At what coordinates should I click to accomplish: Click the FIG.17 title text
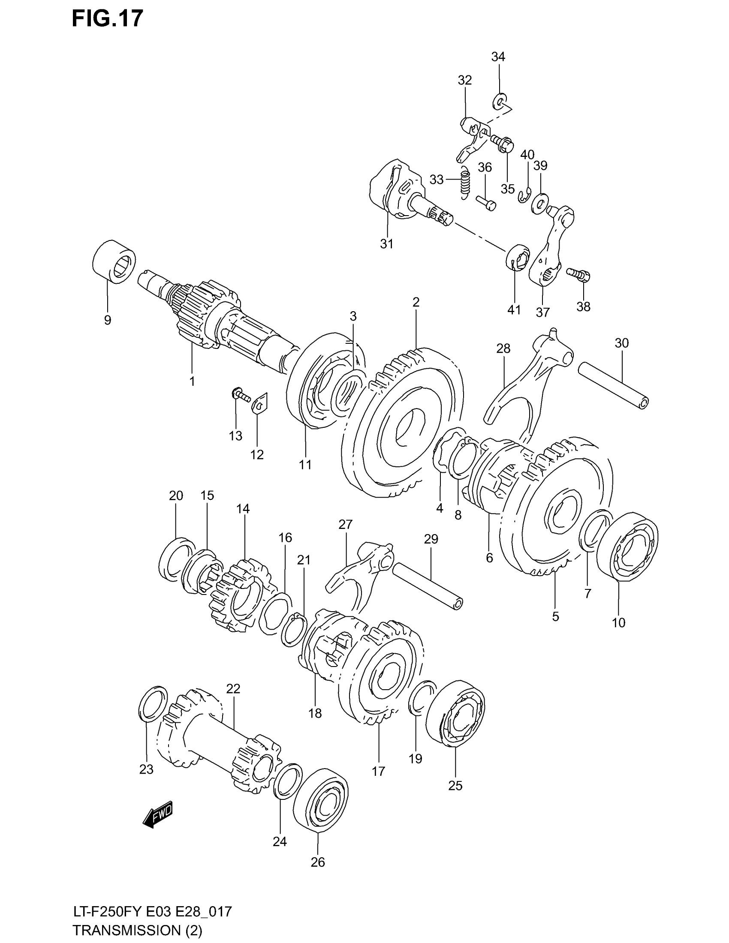pos(107,19)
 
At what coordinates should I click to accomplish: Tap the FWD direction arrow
pos(158,814)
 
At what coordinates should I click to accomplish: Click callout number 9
pos(108,320)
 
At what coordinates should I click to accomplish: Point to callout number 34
pos(498,57)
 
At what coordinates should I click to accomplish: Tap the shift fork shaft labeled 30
pos(613,386)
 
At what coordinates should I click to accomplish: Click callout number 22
pos(233,688)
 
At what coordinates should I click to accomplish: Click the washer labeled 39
pos(540,202)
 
